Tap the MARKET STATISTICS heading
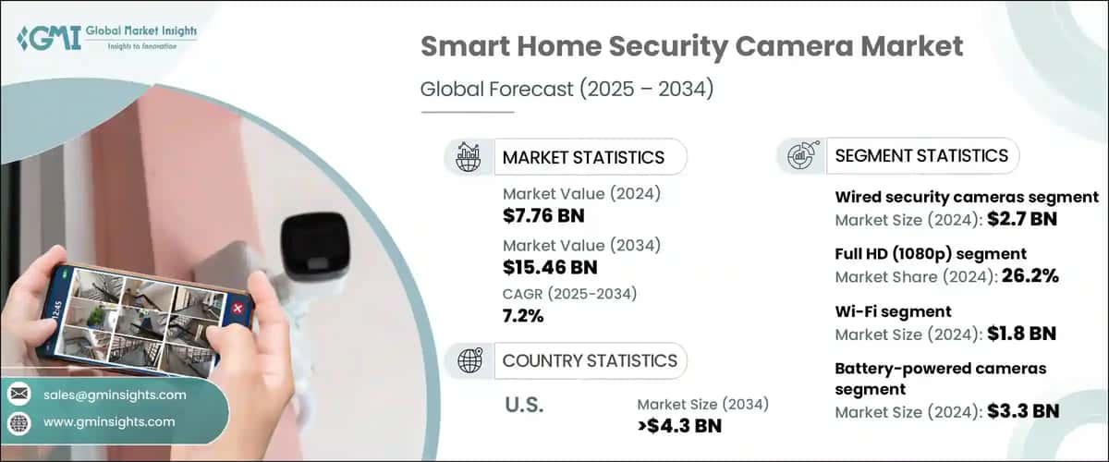point(582,157)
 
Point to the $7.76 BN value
point(543,216)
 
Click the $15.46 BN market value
point(549,267)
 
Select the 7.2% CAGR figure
point(523,316)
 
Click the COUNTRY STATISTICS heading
point(590,360)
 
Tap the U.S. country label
point(526,405)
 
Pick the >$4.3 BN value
point(679,425)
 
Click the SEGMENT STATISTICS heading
point(920,156)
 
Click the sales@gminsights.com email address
point(115,395)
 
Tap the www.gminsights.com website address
point(109,421)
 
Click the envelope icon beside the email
point(18,395)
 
